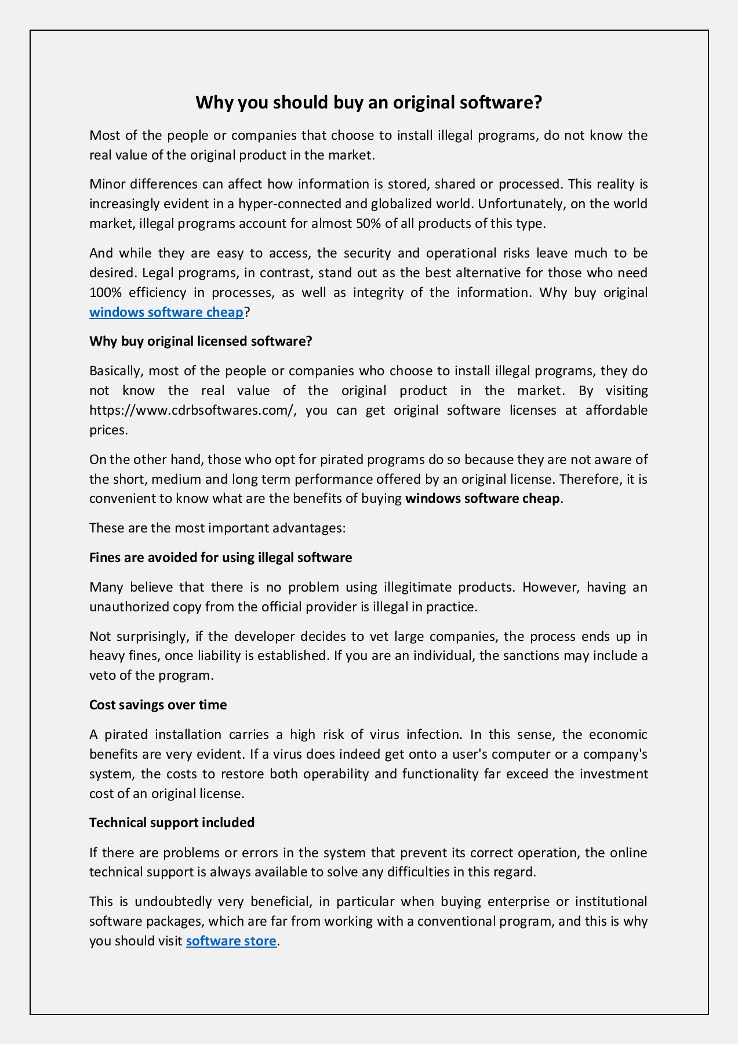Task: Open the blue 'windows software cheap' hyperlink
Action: click(166, 312)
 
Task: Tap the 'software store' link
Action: click(231, 941)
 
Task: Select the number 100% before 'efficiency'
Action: click(105, 292)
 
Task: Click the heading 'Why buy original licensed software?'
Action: click(201, 341)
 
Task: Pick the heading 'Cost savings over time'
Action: click(158, 705)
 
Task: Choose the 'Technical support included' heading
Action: click(172, 822)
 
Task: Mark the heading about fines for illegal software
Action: click(220, 557)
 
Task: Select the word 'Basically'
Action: click(115, 371)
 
